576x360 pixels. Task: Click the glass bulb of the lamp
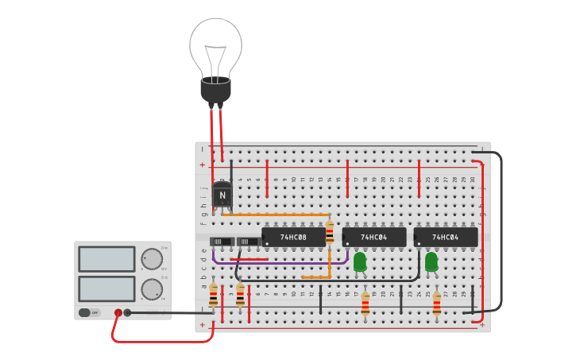tap(215, 46)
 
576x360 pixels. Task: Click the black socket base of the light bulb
tap(215, 91)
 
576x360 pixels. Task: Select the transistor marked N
tap(222, 194)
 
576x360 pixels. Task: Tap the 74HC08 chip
tap(293, 237)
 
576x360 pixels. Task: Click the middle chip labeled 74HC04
tap(373, 237)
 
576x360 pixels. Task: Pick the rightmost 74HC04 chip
tap(445, 237)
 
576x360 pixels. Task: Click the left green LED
tap(360, 261)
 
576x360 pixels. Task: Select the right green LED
tap(431, 261)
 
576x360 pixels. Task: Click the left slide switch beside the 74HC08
tap(222, 242)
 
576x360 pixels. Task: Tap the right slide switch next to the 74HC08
tap(249, 242)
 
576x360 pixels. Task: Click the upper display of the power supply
tap(106, 259)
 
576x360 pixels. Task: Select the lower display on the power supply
tap(106, 288)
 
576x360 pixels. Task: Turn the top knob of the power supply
tap(151, 259)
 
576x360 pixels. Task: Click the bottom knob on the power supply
tap(151, 289)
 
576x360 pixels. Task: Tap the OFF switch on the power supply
tap(89, 312)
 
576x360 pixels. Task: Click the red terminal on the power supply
tap(118, 313)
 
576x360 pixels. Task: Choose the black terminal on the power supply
tap(127, 313)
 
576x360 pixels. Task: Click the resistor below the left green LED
tap(365, 304)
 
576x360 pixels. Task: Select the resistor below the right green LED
tap(437, 304)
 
